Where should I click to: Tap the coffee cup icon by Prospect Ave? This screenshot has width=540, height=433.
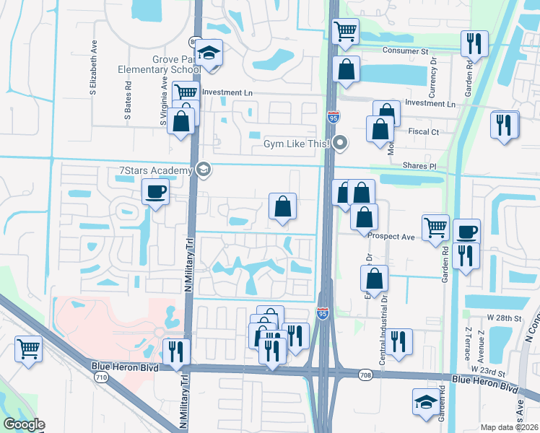(467, 232)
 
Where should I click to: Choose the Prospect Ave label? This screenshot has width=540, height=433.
(391, 236)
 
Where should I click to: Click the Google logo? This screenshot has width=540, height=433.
(24, 424)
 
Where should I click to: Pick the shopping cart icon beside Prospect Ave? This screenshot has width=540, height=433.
(435, 227)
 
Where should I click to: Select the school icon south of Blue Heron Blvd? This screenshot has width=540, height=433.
(425, 402)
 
